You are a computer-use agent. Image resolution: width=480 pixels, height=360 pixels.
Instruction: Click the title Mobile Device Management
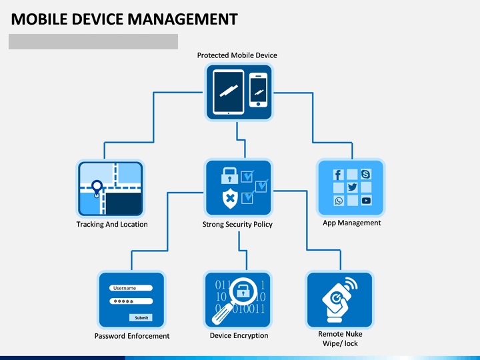[125, 19]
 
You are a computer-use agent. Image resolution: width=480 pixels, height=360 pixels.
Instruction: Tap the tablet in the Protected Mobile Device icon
[229, 91]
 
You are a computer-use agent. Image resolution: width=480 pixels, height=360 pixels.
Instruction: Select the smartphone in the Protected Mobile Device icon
[259, 90]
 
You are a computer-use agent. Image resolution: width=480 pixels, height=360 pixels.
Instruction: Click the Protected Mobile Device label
[237, 55]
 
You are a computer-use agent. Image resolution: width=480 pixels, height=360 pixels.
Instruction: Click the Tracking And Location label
[112, 225]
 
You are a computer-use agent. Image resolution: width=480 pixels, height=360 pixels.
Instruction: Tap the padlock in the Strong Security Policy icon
[229, 175]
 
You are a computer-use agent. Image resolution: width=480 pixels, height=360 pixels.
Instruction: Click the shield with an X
[229, 197]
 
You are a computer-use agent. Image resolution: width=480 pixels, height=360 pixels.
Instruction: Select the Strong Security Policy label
[237, 225]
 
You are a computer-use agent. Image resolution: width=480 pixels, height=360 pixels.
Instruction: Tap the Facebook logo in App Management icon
[338, 175]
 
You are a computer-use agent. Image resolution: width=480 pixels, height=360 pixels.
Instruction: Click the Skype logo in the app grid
[365, 175]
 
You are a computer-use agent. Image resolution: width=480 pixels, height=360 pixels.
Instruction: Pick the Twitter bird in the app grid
[352, 187]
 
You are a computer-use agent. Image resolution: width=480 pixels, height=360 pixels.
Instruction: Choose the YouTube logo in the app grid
[366, 200]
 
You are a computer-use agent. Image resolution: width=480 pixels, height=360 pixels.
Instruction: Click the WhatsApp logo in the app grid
[339, 200]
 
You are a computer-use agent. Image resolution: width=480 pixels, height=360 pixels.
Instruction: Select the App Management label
[352, 223]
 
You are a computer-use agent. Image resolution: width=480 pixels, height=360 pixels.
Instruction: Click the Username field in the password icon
[131, 288]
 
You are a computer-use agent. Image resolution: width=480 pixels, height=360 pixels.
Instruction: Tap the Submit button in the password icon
[141, 317]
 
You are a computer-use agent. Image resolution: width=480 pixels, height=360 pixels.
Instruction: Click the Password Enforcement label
[132, 336]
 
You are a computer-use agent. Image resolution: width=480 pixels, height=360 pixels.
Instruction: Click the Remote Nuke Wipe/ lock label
[340, 339]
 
